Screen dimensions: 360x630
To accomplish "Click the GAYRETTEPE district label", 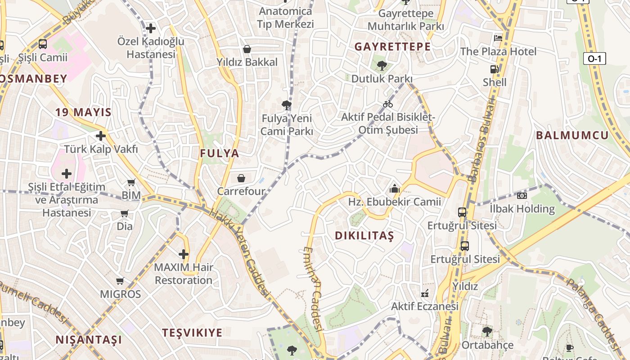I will point(392,46).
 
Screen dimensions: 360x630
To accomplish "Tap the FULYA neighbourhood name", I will point(220,153).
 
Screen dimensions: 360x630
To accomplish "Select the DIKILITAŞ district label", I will point(364,235).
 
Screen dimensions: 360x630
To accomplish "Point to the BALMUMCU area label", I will point(572,135).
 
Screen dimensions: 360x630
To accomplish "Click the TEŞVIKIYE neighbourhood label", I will point(192,333).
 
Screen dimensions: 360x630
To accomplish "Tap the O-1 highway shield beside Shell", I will point(594,58).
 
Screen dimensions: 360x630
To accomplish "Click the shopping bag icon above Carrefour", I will point(241,178).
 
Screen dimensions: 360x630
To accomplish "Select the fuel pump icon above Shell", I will point(494,69).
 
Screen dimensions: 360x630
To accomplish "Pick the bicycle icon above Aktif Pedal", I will point(388,104).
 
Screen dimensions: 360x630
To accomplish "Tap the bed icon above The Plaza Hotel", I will point(498,38).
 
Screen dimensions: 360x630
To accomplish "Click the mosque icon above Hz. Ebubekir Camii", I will point(395,189).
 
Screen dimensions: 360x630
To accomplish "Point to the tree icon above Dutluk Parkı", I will point(382,66).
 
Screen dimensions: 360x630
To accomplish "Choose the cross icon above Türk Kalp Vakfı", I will point(101,135).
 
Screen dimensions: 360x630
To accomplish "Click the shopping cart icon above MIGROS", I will point(120,281).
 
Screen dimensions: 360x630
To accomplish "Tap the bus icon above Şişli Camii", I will point(43,44).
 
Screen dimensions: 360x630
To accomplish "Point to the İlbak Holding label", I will point(522,209).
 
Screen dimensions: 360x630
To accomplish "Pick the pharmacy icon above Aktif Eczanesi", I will point(424,293).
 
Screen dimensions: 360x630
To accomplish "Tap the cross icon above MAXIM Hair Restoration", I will point(184,254).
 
